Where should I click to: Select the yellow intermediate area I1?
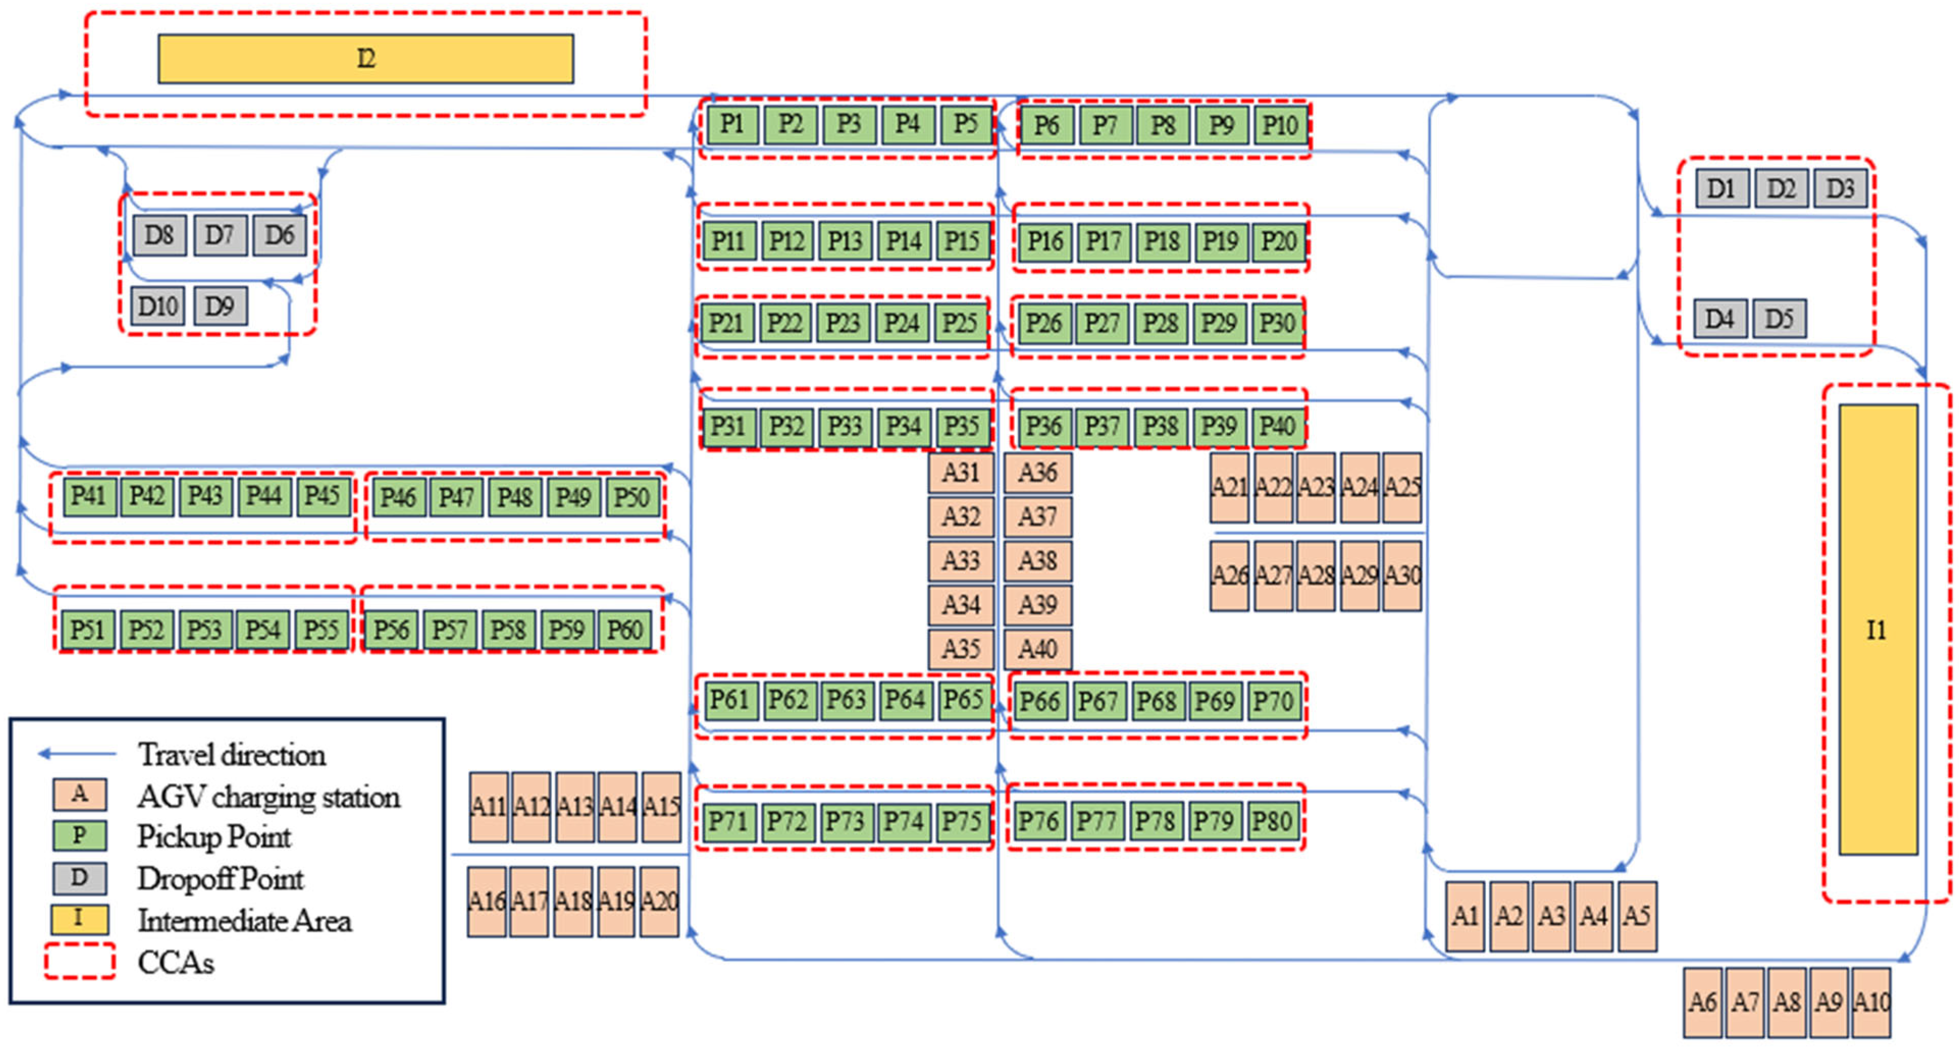(1877, 630)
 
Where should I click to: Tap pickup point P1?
(732, 124)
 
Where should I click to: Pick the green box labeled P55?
(321, 630)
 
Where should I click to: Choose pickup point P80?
(1272, 821)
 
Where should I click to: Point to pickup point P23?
(843, 323)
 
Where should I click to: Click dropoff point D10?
(158, 306)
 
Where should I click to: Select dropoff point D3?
(1840, 188)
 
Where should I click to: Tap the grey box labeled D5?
(1779, 318)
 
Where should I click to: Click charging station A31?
(960, 472)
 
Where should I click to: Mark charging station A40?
(1038, 649)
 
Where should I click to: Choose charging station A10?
(1871, 1002)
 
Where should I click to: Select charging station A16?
(487, 901)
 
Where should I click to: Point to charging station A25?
(1401, 487)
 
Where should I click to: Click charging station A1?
(1465, 916)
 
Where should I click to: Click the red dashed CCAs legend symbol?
(79, 962)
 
